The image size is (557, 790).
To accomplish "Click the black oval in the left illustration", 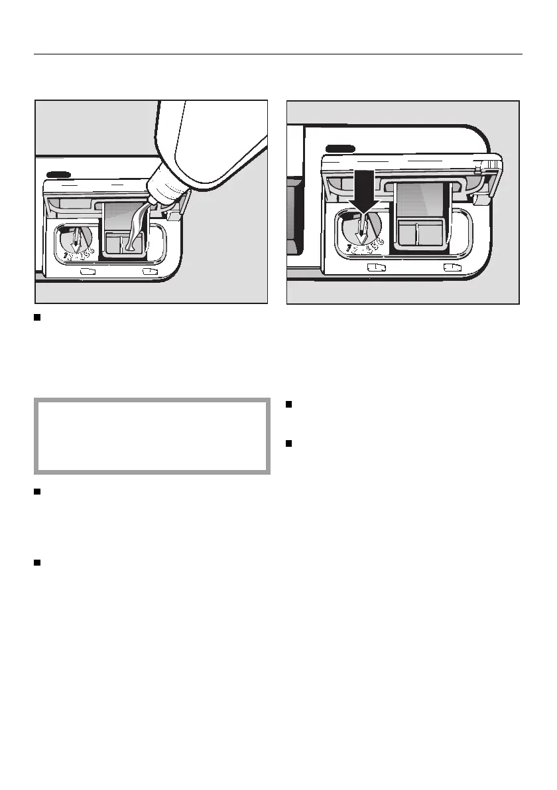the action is pos(60,175).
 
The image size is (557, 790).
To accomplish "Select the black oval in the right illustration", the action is pos(340,148).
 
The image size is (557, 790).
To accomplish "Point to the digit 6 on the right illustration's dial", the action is pos(380,240).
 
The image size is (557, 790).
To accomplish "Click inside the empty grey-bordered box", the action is pos(152,436).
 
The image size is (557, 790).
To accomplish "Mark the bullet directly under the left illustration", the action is pos(38,318).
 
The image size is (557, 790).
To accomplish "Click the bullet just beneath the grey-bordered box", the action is pos(38,492).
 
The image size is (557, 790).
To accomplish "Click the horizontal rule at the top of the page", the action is pos(278,54).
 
